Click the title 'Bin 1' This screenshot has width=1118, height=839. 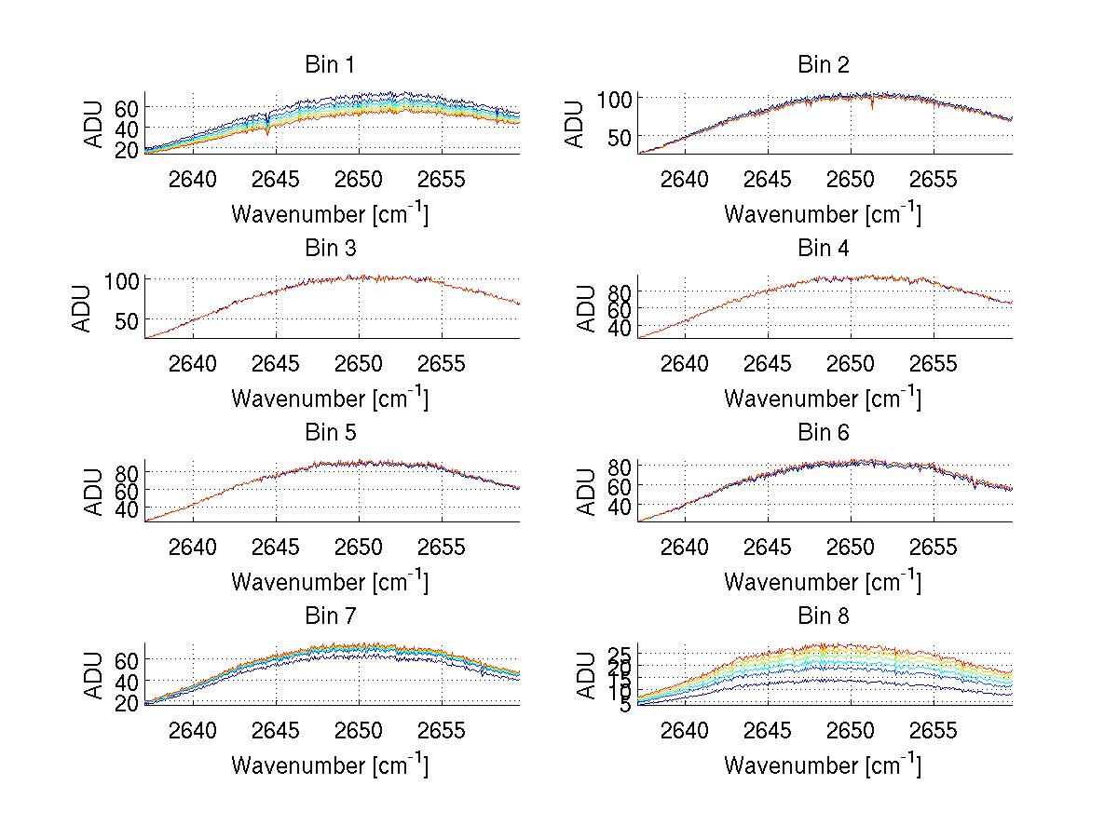[x=330, y=65]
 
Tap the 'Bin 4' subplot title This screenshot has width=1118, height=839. [x=823, y=249]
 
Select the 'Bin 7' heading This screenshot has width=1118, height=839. [x=330, y=616]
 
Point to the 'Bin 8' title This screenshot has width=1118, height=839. [x=823, y=616]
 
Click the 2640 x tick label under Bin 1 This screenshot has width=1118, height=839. [x=194, y=179]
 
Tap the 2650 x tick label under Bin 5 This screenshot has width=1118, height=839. [x=359, y=547]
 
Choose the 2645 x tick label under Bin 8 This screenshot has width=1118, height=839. [x=769, y=730]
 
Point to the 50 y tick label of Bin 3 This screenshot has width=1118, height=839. [x=128, y=320]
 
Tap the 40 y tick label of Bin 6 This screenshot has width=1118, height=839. [x=620, y=506]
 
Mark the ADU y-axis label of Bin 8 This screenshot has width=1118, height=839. [x=587, y=675]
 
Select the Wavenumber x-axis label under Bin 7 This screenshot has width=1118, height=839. [x=330, y=765]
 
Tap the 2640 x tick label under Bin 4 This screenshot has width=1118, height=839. [x=687, y=363]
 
